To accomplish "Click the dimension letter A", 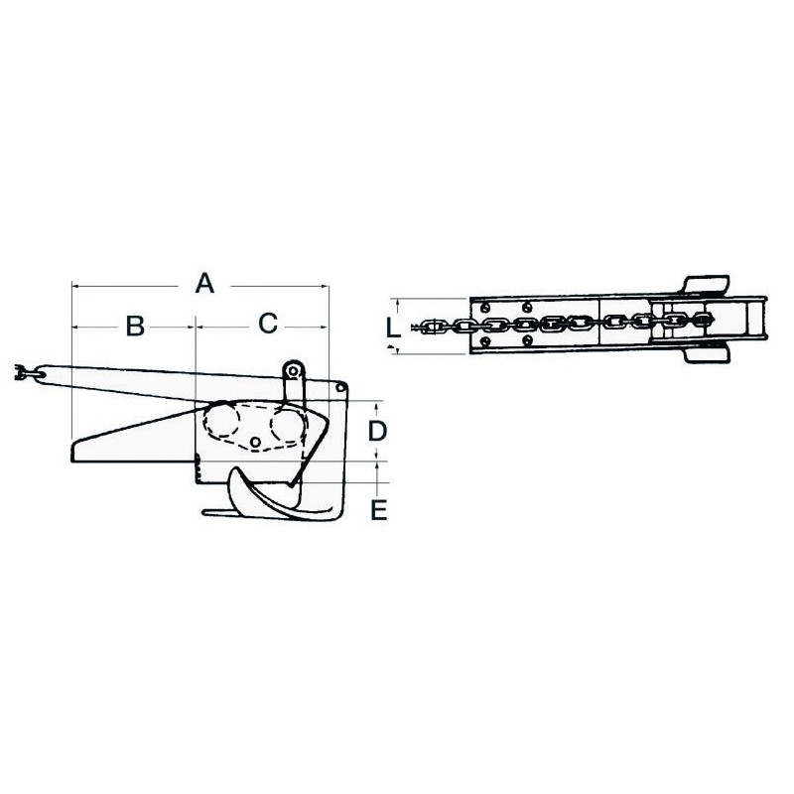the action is point(204,284).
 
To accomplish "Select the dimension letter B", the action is point(135,326).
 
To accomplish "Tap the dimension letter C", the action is point(268,324).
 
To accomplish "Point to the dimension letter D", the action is point(377,432).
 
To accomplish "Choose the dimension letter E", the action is point(378,510).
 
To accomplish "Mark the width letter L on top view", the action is point(393,328).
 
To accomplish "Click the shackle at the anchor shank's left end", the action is point(21,374).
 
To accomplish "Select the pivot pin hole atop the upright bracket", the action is point(293,371).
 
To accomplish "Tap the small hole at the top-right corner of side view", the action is point(340,388).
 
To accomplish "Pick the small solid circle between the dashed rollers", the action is point(256,442).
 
